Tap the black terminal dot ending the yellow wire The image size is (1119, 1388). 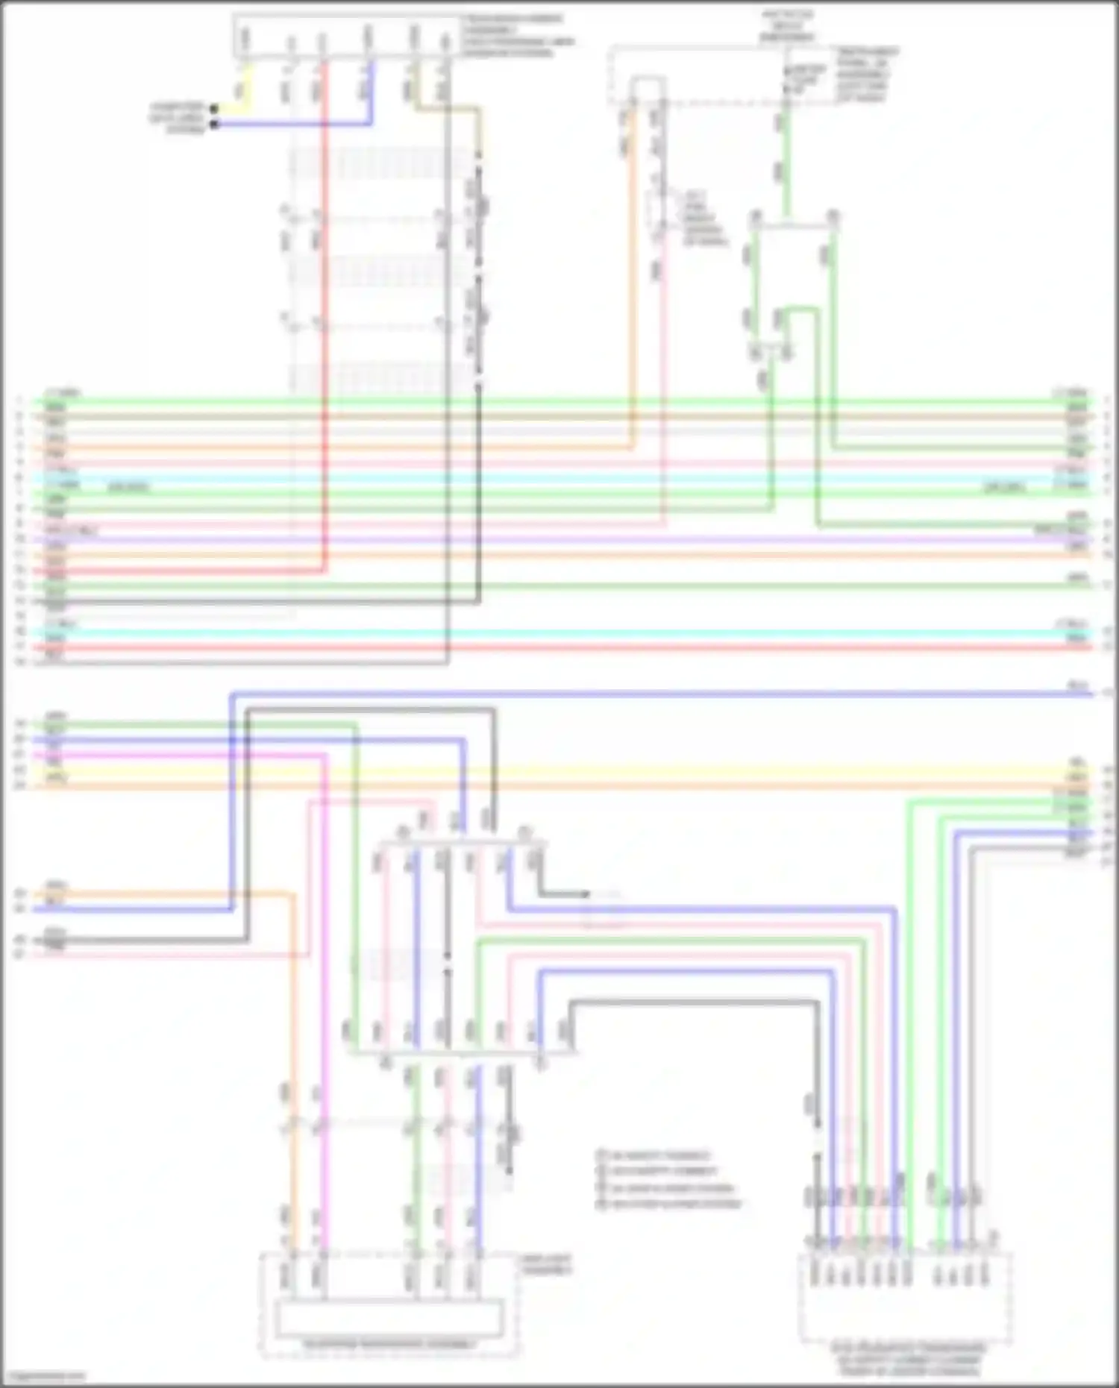(214, 109)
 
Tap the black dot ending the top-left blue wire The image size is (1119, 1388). (214, 124)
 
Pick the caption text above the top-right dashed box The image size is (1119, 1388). (788, 26)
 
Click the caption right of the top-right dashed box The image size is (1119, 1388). (866, 75)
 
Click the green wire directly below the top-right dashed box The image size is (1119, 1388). (785, 164)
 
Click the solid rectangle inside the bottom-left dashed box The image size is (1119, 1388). (389, 1318)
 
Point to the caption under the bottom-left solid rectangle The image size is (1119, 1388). (389, 1345)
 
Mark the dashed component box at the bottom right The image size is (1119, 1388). (905, 1298)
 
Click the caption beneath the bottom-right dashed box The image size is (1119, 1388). (906, 1360)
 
